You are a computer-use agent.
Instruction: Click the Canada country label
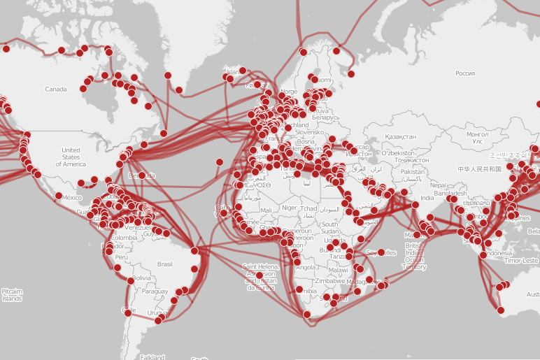pyautogui.click(x=55, y=89)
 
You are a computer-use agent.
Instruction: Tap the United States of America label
pyautogui.click(x=71, y=157)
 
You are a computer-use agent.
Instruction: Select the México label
pyautogui.click(x=72, y=198)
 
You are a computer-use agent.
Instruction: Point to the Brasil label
pyautogui.click(x=165, y=264)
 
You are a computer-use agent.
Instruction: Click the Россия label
pyautogui.click(x=465, y=73)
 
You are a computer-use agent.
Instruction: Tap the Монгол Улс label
pyautogui.click(x=478, y=137)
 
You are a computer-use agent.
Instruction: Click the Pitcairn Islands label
pyautogui.click(x=11, y=295)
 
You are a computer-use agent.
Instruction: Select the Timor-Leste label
pyautogui.click(x=521, y=261)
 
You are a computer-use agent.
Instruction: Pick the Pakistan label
pyautogui.click(x=413, y=172)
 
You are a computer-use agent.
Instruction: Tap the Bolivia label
pyautogui.click(x=143, y=278)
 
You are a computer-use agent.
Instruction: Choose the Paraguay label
pyautogui.click(x=155, y=292)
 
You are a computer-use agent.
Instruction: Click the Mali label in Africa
pyautogui.click(x=266, y=210)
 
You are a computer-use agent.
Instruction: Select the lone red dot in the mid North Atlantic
pyautogui.click(x=220, y=162)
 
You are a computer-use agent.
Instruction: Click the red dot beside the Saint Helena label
pyautogui.click(x=260, y=275)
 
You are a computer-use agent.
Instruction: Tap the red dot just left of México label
pyautogui.click(x=59, y=196)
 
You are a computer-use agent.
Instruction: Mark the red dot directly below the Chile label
pyautogui.click(x=128, y=315)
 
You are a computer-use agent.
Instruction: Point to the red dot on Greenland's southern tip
pyautogui.click(x=179, y=89)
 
